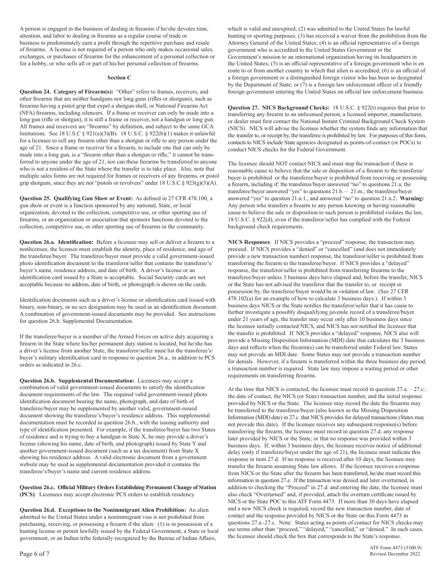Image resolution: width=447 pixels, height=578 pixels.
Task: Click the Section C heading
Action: (x=119, y=77)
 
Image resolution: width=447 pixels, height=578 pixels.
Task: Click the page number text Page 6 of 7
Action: (x=34, y=554)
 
